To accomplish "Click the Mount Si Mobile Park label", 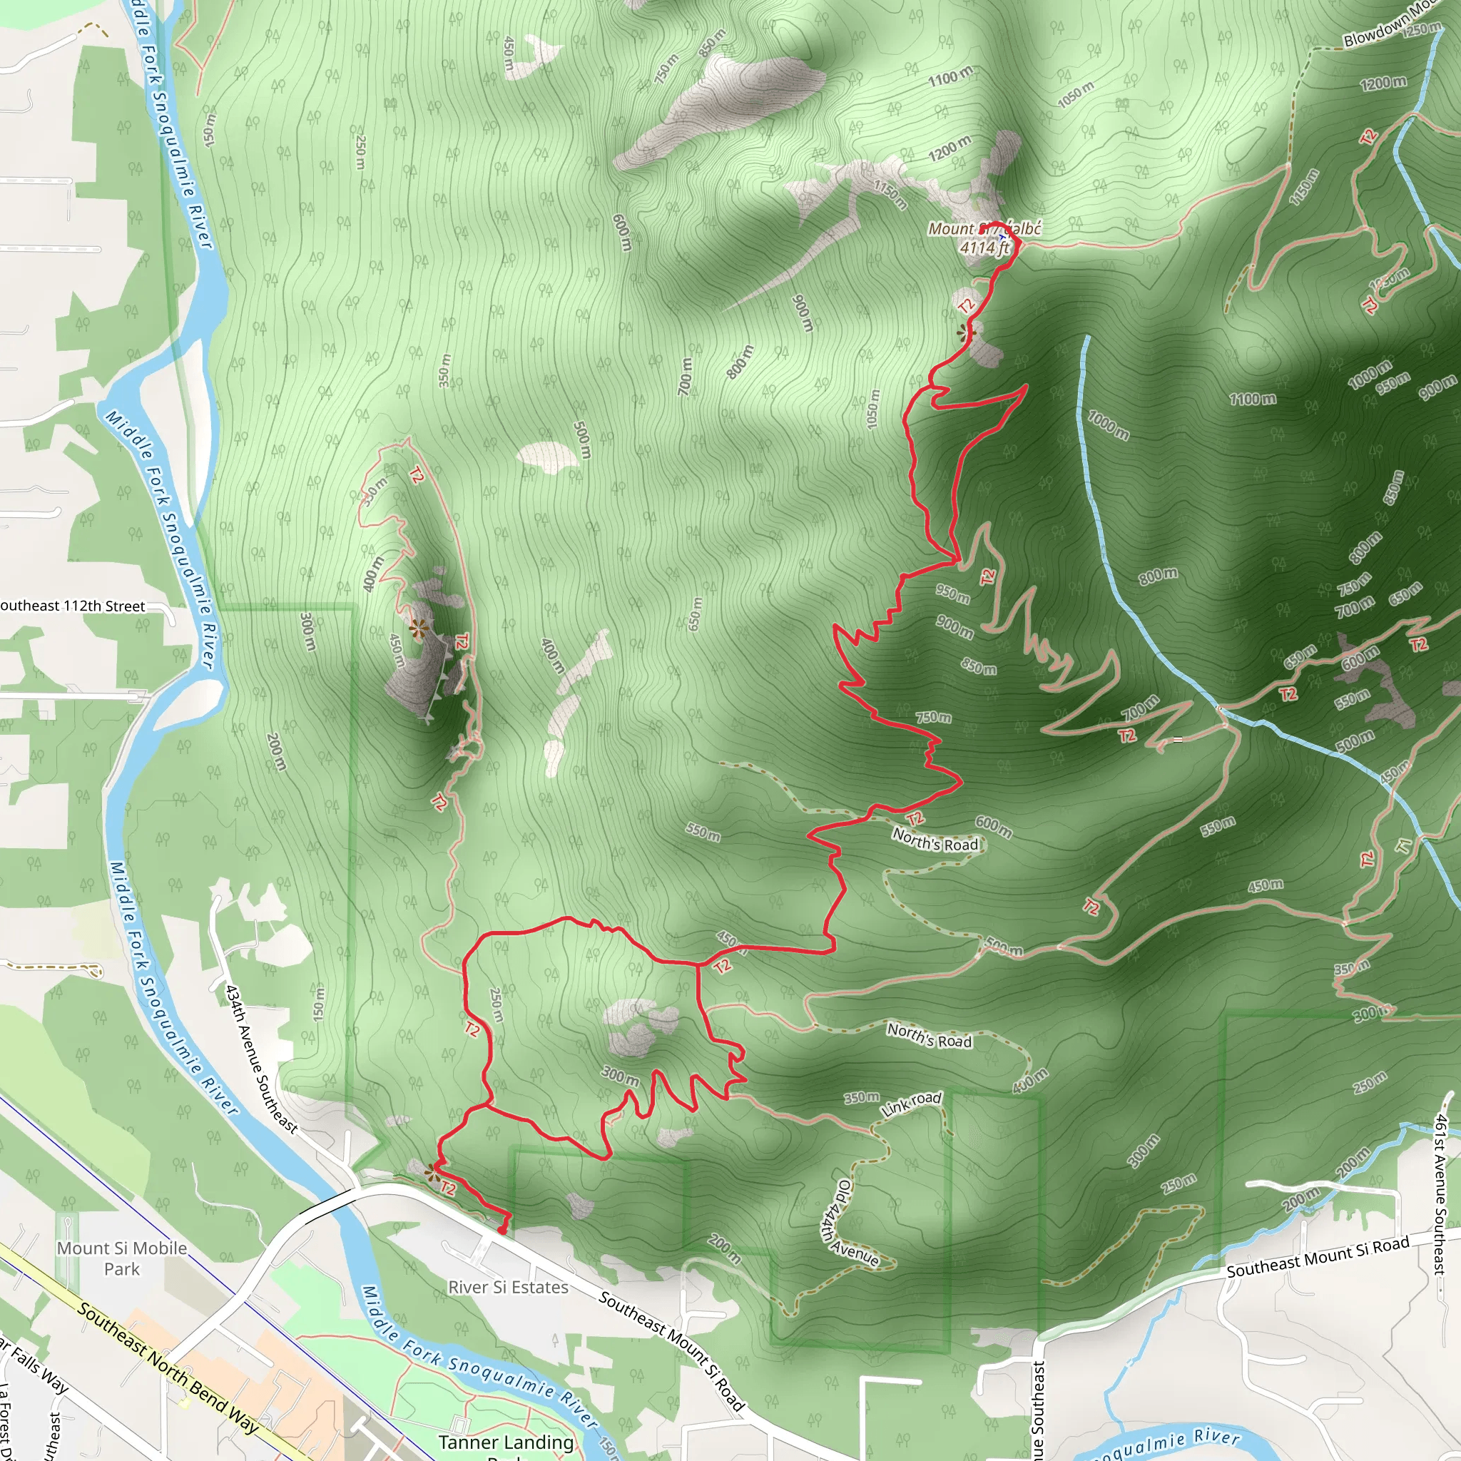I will [122, 1258].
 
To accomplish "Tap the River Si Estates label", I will [507, 1287].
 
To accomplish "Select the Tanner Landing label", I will [506, 1442].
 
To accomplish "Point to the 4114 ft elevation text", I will [984, 248].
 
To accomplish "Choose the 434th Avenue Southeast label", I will [261, 1058].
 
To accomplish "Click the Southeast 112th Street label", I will [73, 606].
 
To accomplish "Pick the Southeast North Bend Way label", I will [167, 1368].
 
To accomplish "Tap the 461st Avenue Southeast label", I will [1440, 1195].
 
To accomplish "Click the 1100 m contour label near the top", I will [950, 76].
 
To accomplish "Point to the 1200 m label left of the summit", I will [950, 148].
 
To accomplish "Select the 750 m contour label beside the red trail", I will [934, 717].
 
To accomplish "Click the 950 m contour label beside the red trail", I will [953, 594].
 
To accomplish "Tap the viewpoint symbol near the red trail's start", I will [431, 1172].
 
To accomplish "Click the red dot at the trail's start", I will [502, 1231].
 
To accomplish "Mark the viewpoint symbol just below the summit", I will [966, 332].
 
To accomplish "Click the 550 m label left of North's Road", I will [703, 832].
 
